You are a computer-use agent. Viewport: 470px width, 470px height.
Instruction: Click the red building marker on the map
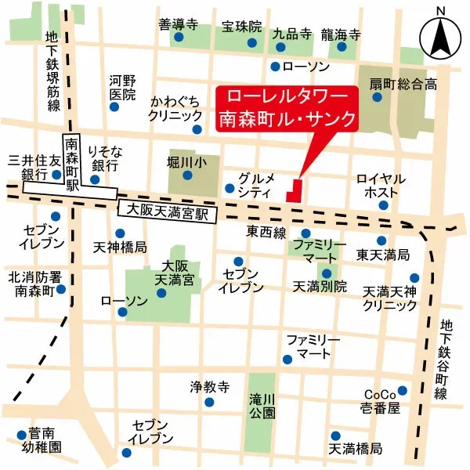point(295,190)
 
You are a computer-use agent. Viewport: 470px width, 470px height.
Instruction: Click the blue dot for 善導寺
point(179,37)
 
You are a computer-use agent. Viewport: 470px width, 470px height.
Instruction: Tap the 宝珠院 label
point(240,27)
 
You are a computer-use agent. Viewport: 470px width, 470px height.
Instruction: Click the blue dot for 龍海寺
point(342,47)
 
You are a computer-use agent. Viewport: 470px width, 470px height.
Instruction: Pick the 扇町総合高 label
point(403,85)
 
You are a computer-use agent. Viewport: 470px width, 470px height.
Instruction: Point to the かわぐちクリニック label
point(176,108)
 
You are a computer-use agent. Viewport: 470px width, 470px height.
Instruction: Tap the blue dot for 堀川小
point(187,175)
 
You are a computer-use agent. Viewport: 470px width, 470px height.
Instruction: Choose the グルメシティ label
point(255,184)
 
